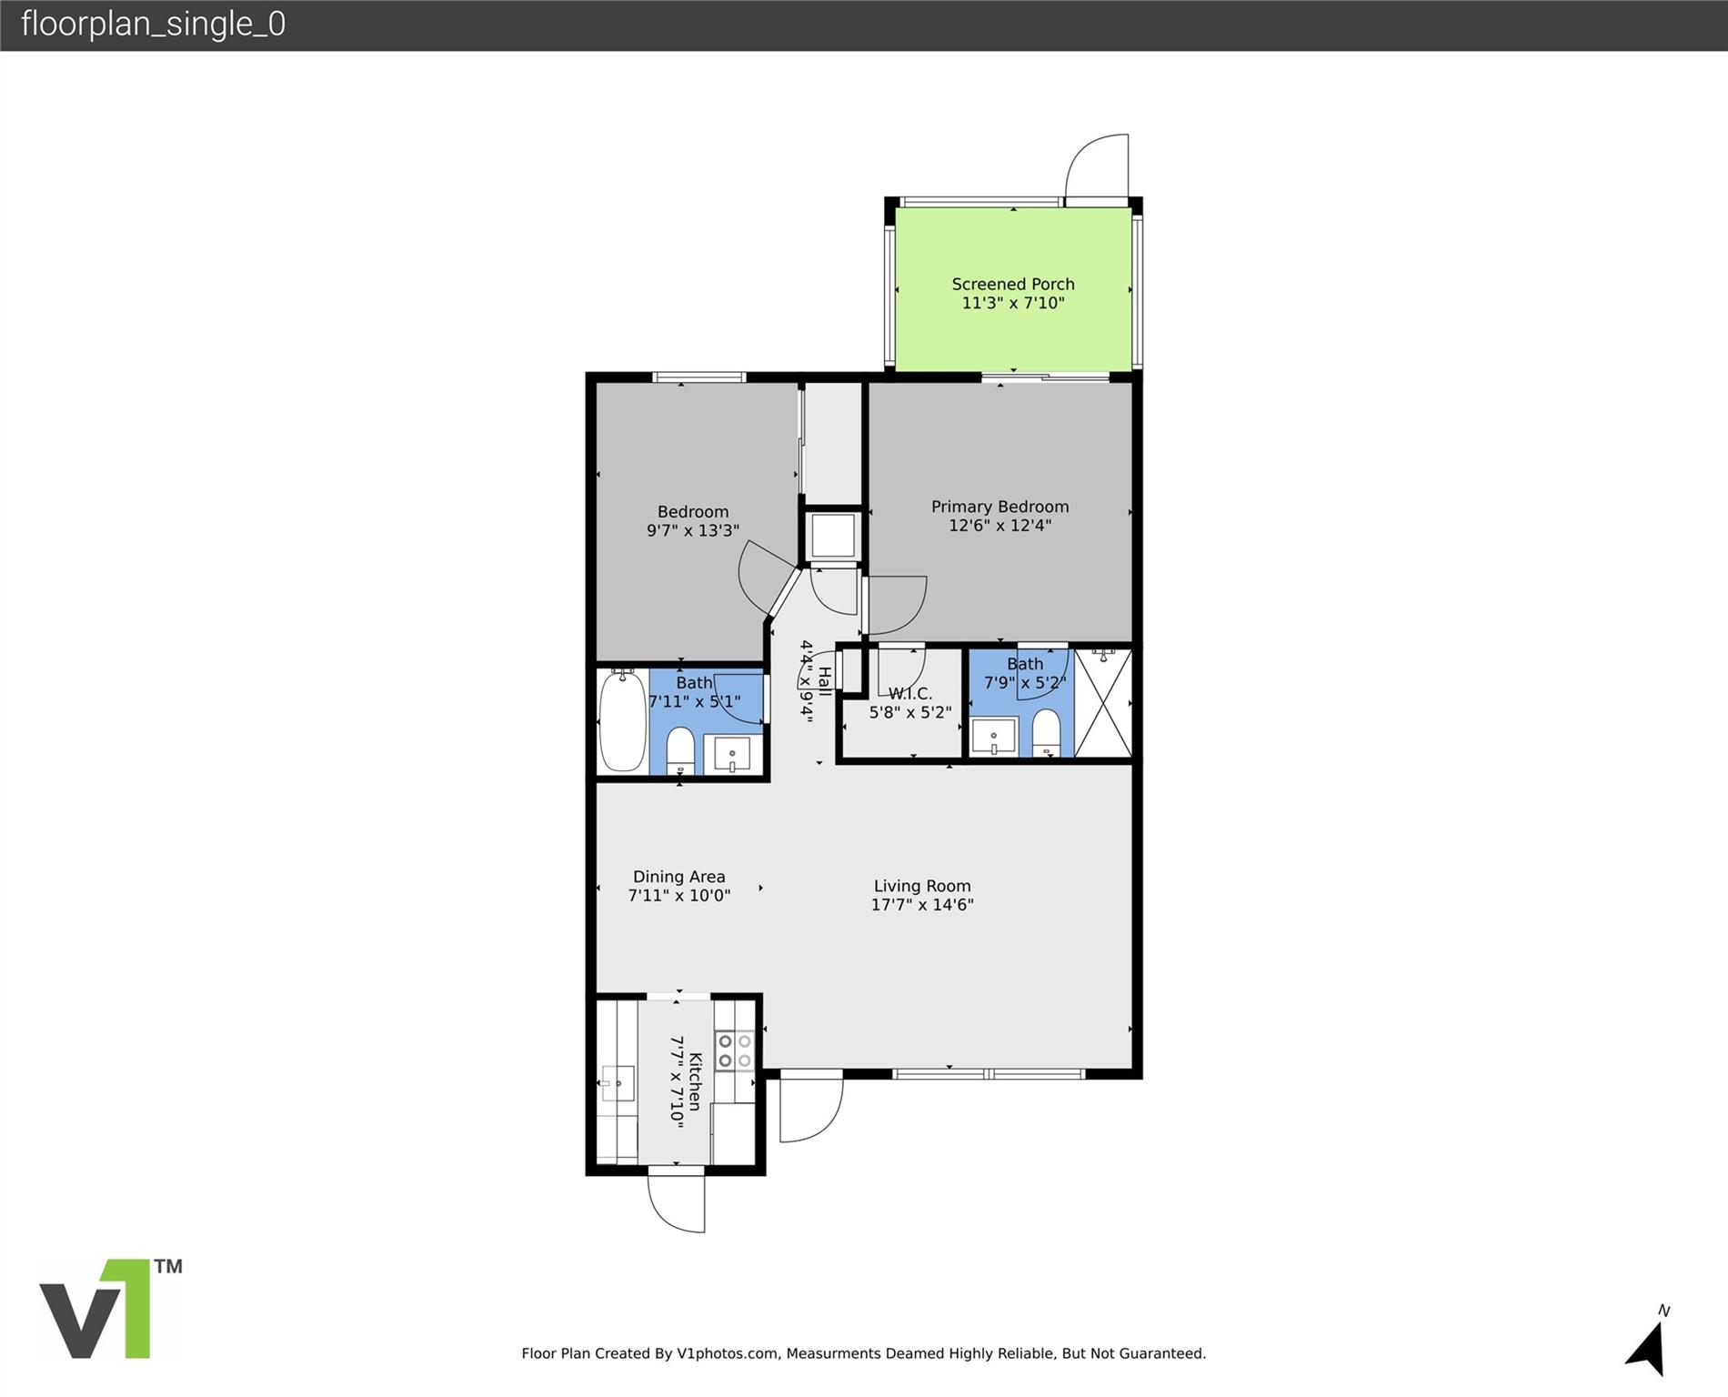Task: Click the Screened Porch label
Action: pyautogui.click(x=1012, y=284)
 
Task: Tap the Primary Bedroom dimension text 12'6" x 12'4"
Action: pyautogui.click(x=1000, y=526)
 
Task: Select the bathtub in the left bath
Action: pyautogui.click(x=622, y=721)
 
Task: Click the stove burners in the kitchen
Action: pyautogui.click(x=734, y=1050)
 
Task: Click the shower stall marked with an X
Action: pyautogui.click(x=1103, y=702)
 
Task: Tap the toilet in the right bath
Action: pyautogui.click(x=1047, y=732)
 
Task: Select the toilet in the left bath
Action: pyautogui.click(x=680, y=750)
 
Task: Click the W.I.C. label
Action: pyautogui.click(x=909, y=694)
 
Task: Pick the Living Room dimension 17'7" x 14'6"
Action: pyautogui.click(x=921, y=905)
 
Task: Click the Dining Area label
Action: pyautogui.click(x=678, y=877)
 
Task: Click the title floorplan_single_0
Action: pyautogui.click(x=153, y=24)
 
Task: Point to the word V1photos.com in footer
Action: pyautogui.click(x=727, y=1353)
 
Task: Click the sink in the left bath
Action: pyautogui.click(x=732, y=754)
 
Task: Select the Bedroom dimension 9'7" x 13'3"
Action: pyautogui.click(x=692, y=530)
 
